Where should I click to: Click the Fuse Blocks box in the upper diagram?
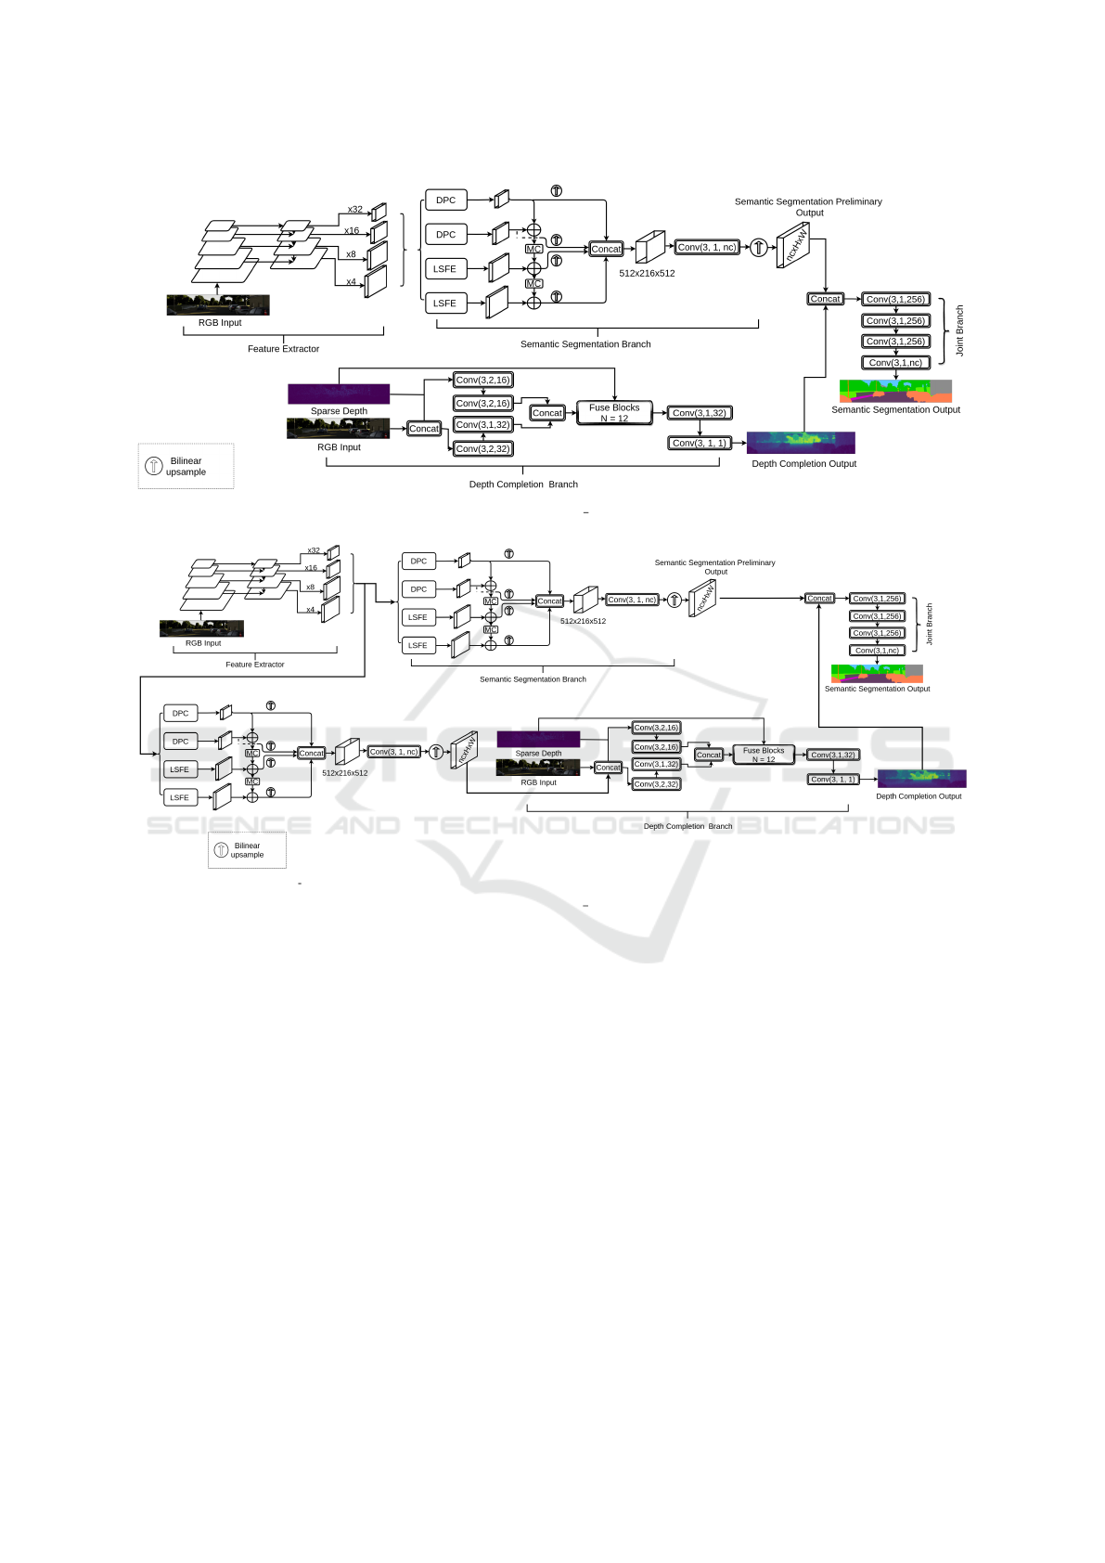click(x=614, y=413)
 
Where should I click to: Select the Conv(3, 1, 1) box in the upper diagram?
click(x=700, y=443)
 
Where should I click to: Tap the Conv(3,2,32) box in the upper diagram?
click(x=482, y=448)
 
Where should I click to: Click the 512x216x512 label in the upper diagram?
click(x=647, y=274)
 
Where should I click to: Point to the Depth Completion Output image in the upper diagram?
click(x=801, y=442)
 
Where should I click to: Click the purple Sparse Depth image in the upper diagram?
click(x=339, y=394)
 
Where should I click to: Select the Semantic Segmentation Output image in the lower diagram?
click(x=877, y=673)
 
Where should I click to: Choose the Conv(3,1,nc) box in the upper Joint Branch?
click(x=895, y=363)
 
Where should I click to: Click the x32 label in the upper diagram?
click(x=355, y=210)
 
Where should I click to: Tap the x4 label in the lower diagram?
click(x=311, y=610)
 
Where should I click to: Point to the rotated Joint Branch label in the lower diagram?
click(x=930, y=624)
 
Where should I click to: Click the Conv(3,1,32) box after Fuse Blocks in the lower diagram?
click(x=833, y=755)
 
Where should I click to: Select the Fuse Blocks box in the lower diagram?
click(x=764, y=755)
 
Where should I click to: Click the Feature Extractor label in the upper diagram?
click(x=283, y=349)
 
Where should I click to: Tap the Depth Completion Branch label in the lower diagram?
click(x=687, y=826)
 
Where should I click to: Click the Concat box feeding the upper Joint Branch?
click(x=825, y=299)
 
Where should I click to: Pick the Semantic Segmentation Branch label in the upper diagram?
click(x=585, y=344)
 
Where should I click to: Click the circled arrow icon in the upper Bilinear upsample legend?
click(x=154, y=466)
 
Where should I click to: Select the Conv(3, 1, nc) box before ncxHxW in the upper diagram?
click(x=707, y=247)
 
